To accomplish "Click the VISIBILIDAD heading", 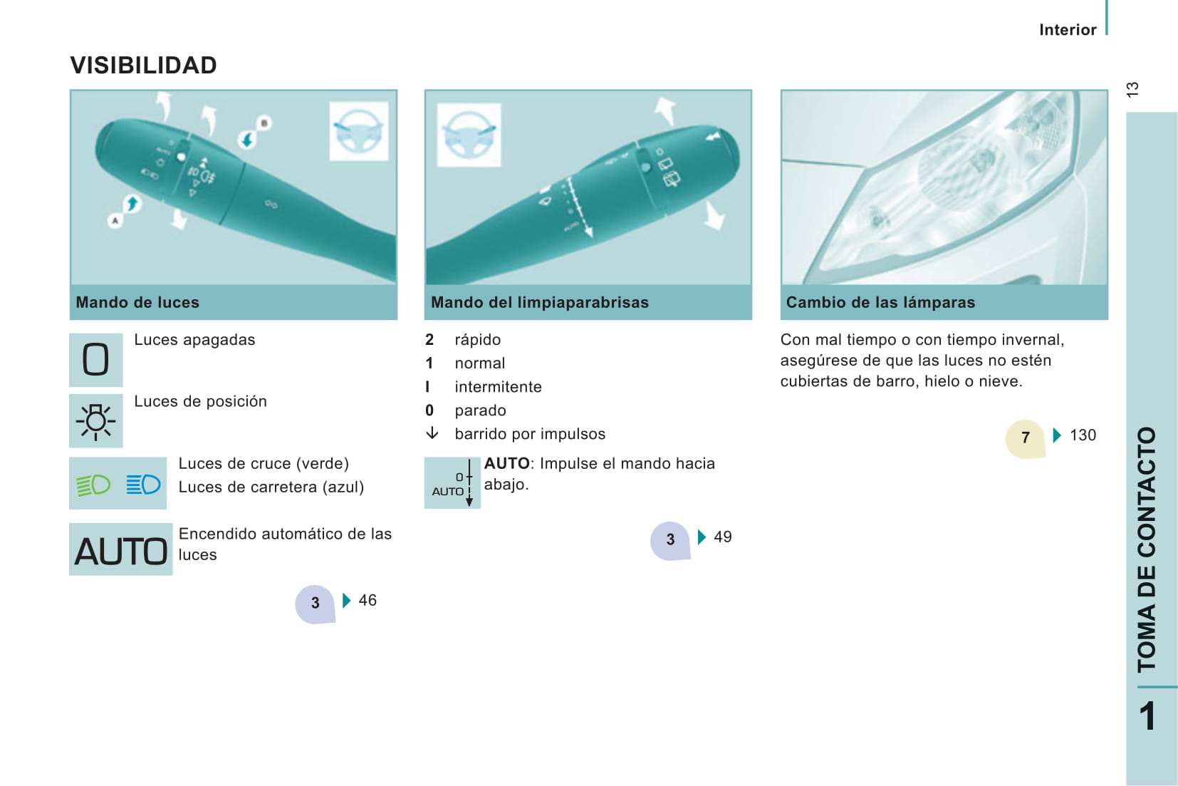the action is (144, 66).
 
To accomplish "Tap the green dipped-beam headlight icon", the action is (93, 485).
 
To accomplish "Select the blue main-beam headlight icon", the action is (143, 484).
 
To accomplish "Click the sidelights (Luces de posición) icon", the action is (95, 421).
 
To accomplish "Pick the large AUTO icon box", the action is (121, 549).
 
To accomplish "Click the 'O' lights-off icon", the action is (95, 360).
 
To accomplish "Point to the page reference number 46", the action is (368, 600).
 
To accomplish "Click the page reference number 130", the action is (1083, 435).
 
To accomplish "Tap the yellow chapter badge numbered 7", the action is (1025, 438).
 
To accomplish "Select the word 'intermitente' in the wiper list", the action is (498, 387).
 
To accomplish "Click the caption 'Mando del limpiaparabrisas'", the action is (540, 303).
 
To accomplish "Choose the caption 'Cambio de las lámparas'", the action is (880, 303).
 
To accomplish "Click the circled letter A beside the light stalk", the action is (115, 220).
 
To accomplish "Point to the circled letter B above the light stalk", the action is (264, 123).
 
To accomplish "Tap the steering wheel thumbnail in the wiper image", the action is (469, 135).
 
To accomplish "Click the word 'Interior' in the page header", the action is (1068, 30).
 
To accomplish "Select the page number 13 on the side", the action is (1132, 90).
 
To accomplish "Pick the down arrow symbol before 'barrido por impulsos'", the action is (432, 433).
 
